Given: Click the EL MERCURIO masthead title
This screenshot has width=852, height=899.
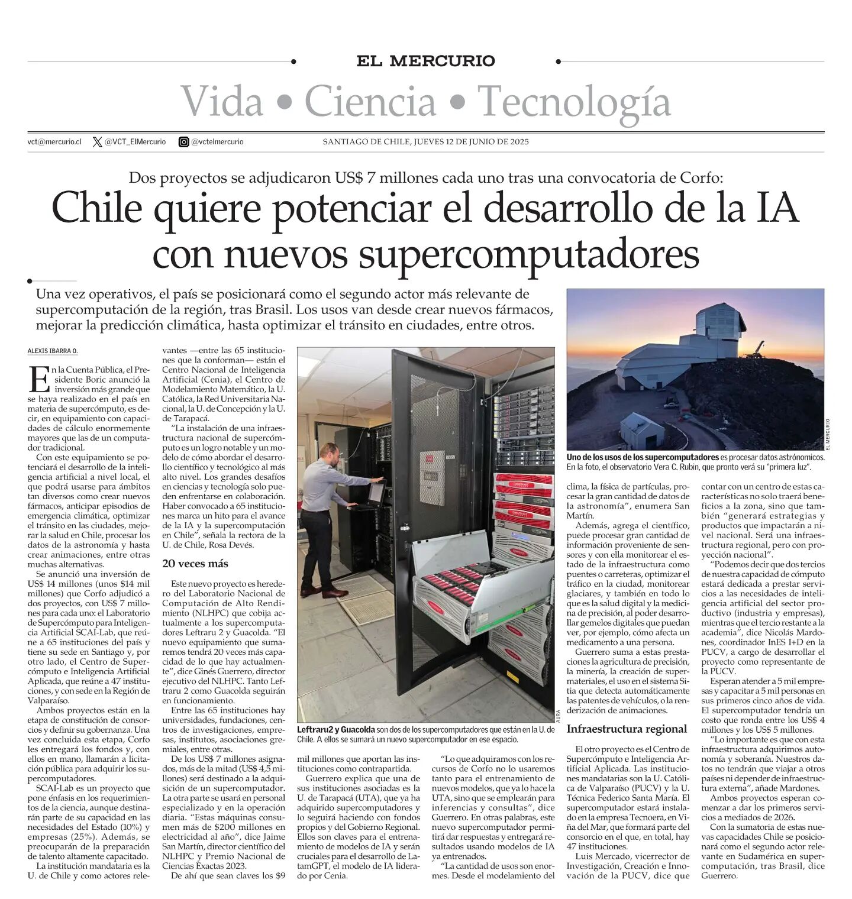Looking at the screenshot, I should click(x=425, y=61).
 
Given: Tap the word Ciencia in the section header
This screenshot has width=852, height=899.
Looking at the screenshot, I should click(x=370, y=102).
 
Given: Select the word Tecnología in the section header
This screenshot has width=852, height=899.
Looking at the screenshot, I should click(x=574, y=102).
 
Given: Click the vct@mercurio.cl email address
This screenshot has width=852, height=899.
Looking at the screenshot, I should click(x=54, y=142).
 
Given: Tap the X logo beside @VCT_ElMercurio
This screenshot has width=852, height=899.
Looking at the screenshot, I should click(x=98, y=142).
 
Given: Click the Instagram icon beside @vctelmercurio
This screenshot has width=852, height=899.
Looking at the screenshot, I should click(x=184, y=142).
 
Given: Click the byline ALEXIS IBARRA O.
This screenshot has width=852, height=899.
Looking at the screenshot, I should click(x=53, y=351).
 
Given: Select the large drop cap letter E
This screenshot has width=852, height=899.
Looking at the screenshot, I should click(x=39, y=380).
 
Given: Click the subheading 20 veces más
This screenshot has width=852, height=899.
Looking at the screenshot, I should click(x=195, y=564).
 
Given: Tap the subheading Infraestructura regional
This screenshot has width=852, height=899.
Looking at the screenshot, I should click(x=627, y=729).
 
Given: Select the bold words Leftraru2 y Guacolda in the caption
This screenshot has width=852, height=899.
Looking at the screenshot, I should click(x=336, y=730).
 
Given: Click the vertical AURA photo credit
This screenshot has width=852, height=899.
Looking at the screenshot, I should click(x=559, y=715).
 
